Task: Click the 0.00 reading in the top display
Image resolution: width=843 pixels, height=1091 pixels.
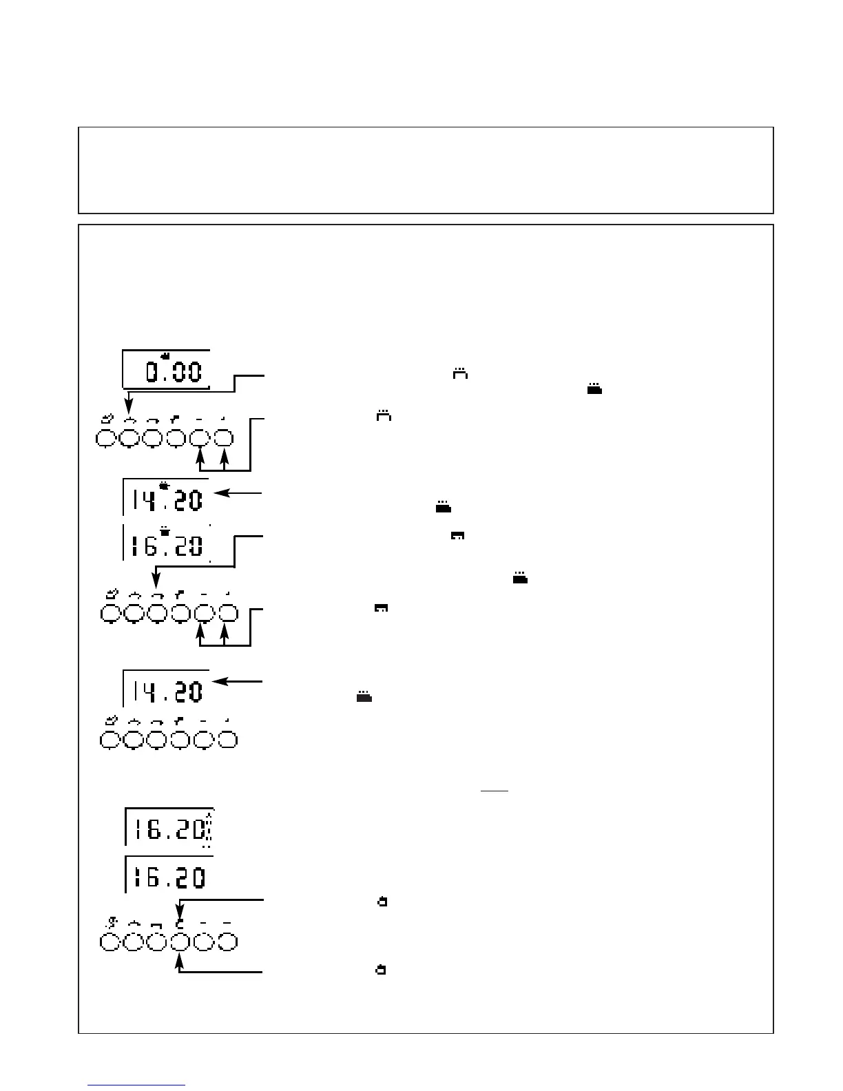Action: point(173,373)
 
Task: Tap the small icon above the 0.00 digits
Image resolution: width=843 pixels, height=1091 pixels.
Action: point(165,355)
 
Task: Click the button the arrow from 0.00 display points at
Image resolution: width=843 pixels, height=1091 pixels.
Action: point(129,438)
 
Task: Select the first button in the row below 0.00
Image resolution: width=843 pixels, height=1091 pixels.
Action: point(105,438)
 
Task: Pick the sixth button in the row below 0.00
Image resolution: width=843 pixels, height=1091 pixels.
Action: point(222,438)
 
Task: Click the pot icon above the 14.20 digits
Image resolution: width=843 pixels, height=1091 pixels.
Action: point(164,485)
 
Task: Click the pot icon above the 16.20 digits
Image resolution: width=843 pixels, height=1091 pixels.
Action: point(164,531)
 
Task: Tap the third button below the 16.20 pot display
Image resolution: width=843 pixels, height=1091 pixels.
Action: point(157,612)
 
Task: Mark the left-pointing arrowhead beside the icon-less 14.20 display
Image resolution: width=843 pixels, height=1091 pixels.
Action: point(219,681)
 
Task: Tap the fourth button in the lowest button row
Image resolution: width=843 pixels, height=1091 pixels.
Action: point(180,942)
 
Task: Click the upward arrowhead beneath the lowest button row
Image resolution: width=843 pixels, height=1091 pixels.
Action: point(180,967)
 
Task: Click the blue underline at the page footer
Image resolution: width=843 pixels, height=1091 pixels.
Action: point(138,1085)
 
